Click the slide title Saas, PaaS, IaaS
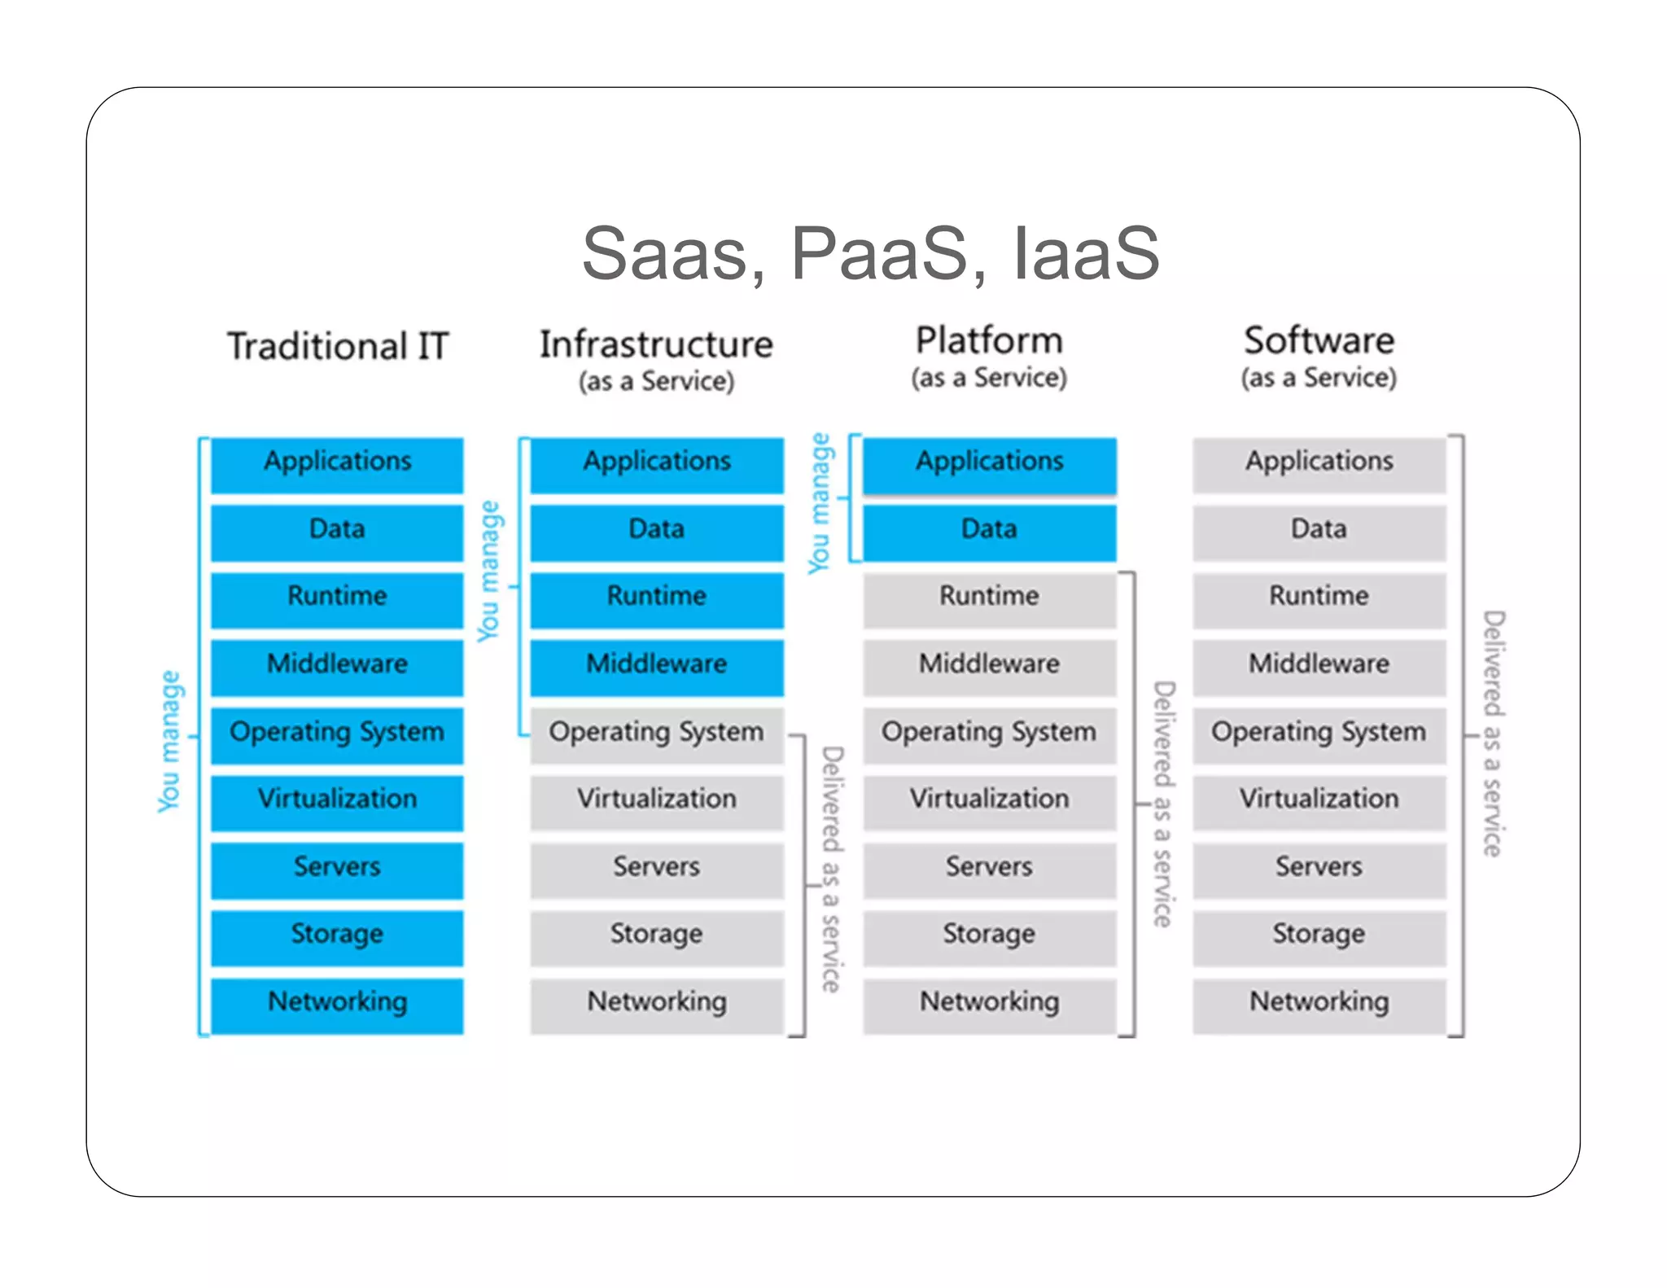coord(870,253)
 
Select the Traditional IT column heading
coord(338,346)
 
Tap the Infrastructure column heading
coord(656,344)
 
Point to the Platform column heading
coord(989,340)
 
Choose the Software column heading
coord(1319,340)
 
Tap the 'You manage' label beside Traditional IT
coord(168,741)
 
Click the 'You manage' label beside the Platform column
coord(820,502)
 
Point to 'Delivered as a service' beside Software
coord(1493,733)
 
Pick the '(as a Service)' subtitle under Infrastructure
coord(656,381)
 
